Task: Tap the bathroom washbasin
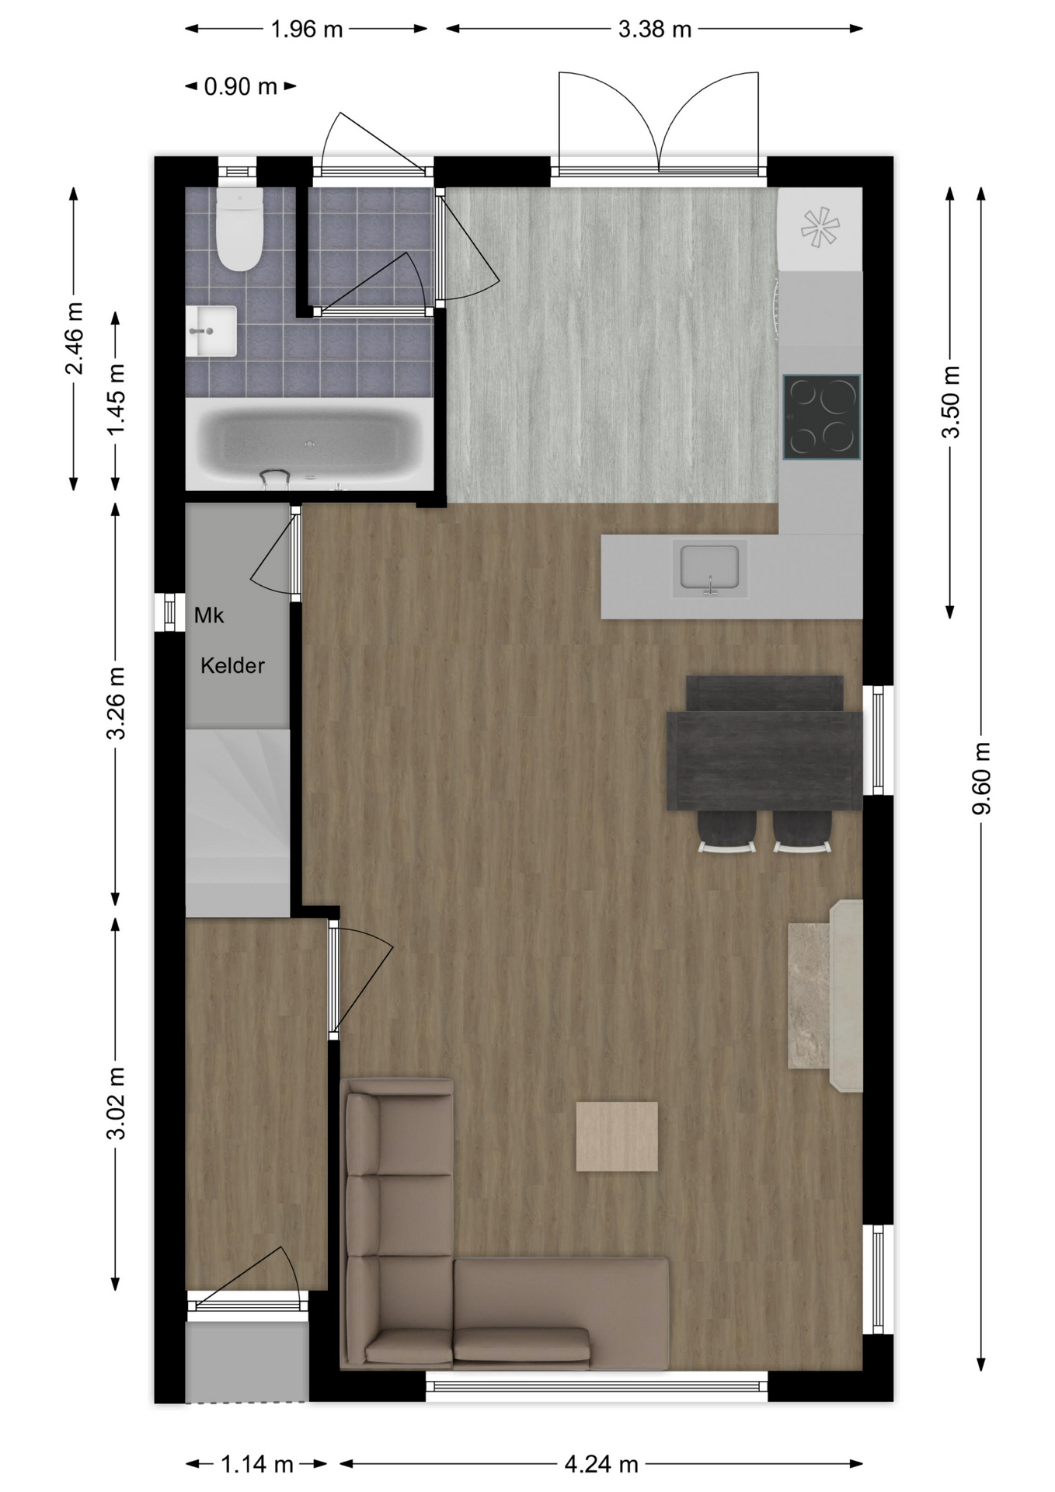tap(211, 331)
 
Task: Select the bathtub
tap(309, 444)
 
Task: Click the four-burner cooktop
tap(822, 417)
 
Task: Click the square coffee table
tap(617, 1136)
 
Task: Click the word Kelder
tap(232, 665)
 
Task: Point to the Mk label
tap(209, 615)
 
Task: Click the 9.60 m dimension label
tap(981, 778)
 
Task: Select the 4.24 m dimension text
tap(601, 1465)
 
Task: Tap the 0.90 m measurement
tap(241, 86)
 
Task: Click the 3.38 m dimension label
tap(655, 30)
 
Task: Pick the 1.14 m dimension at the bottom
tap(257, 1465)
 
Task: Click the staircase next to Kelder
tap(238, 822)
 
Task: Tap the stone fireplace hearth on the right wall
tap(826, 996)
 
